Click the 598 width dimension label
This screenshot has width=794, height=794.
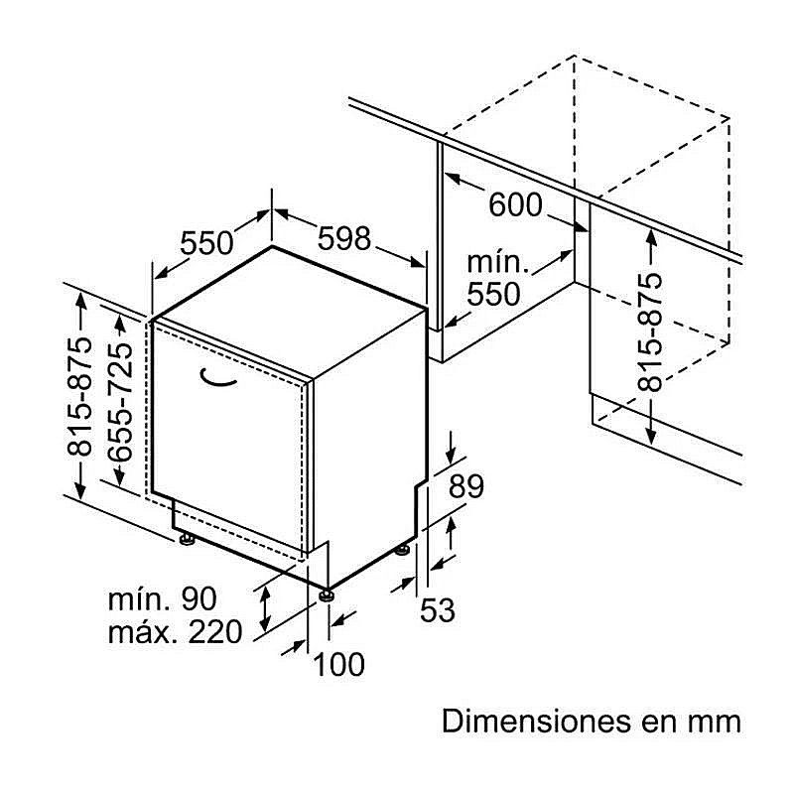click(344, 238)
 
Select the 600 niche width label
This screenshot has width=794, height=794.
click(515, 205)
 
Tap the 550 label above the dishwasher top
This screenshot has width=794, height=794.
click(206, 242)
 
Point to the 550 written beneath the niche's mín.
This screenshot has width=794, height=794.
click(493, 294)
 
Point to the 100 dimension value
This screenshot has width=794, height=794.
click(338, 664)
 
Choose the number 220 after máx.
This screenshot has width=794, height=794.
click(212, 631)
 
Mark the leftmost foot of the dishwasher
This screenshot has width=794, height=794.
click(186, 539)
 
